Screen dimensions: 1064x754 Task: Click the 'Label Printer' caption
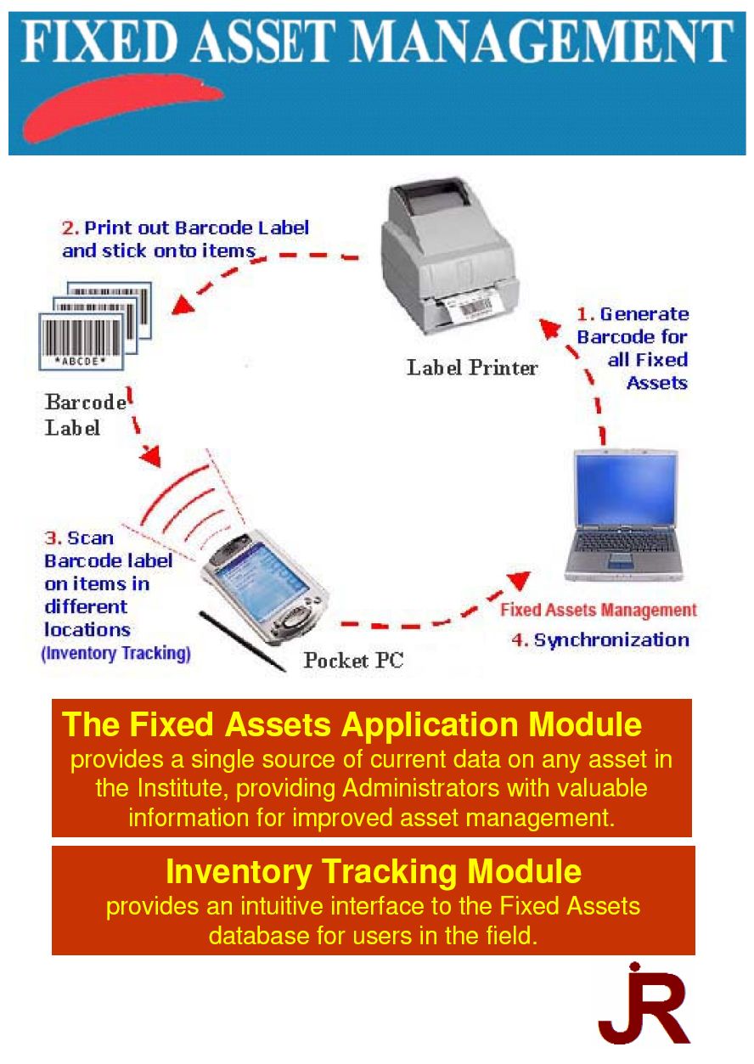pos(472,368)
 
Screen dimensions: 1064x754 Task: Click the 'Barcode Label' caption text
pos(85,414)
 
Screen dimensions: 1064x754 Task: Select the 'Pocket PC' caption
pos(353,660)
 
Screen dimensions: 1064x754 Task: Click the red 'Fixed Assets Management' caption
pos(598,610)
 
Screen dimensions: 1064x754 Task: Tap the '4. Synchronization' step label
pos(599,639)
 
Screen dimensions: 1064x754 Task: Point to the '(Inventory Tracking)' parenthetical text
pos(116,654)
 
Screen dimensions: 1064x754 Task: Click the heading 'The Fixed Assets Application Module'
pos(352,724)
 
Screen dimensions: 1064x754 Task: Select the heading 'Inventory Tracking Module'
pos(374,871)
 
